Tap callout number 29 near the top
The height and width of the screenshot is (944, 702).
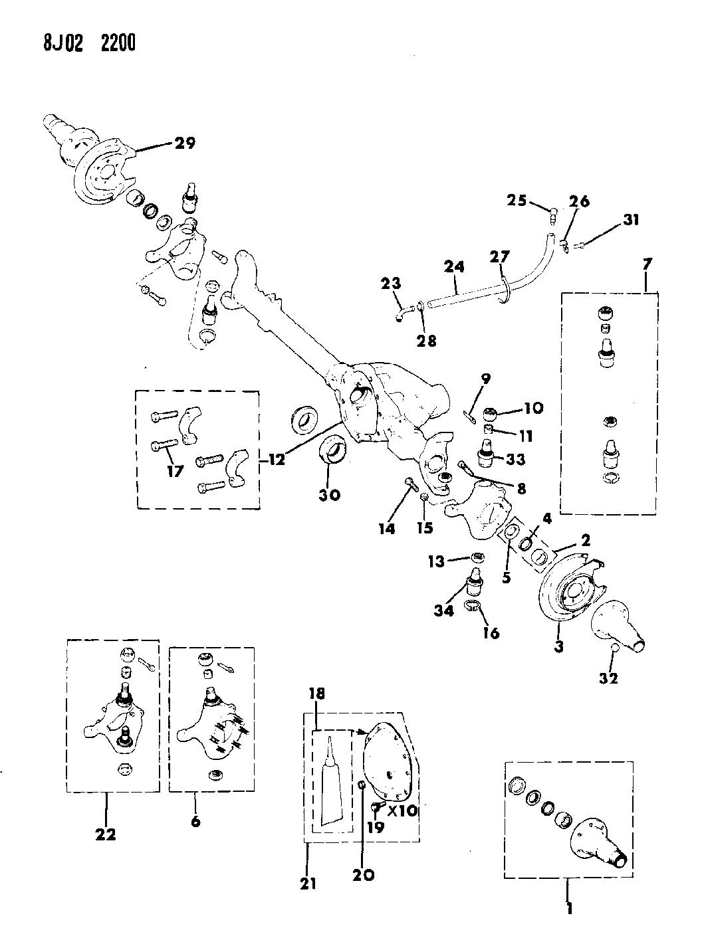(185, 143)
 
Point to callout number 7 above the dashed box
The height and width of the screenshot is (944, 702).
(646, 264)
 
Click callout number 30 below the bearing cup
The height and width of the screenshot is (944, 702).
(330, 495)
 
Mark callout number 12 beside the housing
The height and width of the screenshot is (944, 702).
(277, 458)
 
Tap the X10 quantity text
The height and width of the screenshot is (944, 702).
(402, 811)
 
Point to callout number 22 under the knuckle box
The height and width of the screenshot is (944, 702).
(106, 834)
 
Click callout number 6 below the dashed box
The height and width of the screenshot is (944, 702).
(195, 821)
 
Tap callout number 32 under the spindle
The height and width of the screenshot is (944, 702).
(610, 678)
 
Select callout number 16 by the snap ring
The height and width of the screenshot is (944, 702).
(491, 632)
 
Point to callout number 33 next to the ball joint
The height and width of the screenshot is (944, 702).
(516, 459)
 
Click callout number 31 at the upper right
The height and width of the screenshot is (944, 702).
(631, 219)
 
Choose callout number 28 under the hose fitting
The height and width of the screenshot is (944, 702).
(427, 341)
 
